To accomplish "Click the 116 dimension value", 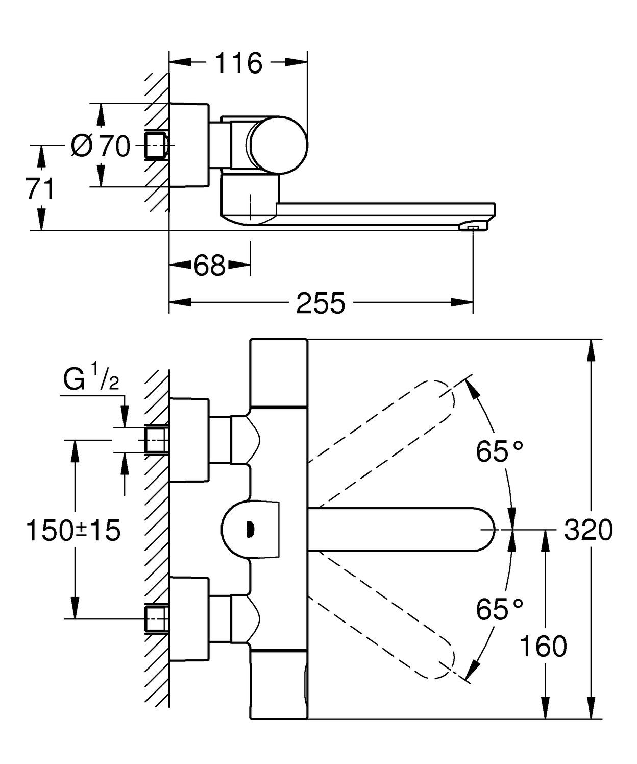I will pyautogui.click(x=238, y=63).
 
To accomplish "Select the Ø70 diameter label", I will pyautogui.click(x=100, y=147).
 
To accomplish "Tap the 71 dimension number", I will pyautogui.click(x=40, y=189).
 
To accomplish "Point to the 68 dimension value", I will pyautogui.click(x=209, y=266).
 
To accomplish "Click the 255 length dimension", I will pyautogui.click(x=321, y=303).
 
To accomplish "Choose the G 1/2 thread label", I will pyautogui.click(x=91, y=380).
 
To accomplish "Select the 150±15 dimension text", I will pyautogui.click(x=73, y=530).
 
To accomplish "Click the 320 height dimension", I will pyautogui.click(x=587, y=530).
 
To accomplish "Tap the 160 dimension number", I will pyautogui.click(x=543, y=646).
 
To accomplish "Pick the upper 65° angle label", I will pyautogui.click(x=500, y=451).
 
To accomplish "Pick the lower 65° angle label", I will pyautogui.click(x=500, y=609).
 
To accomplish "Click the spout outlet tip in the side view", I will pyautogui.click(x=473, y=226).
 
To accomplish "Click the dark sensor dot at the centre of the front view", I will pyautogui.click(x=250, y=529).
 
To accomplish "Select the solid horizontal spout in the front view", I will pyautogui.click(x=403, y=530).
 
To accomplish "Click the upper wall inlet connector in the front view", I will pyautogui.click(x=156, y=440).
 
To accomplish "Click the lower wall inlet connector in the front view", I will pyautogui.click(x=156, y=619).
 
